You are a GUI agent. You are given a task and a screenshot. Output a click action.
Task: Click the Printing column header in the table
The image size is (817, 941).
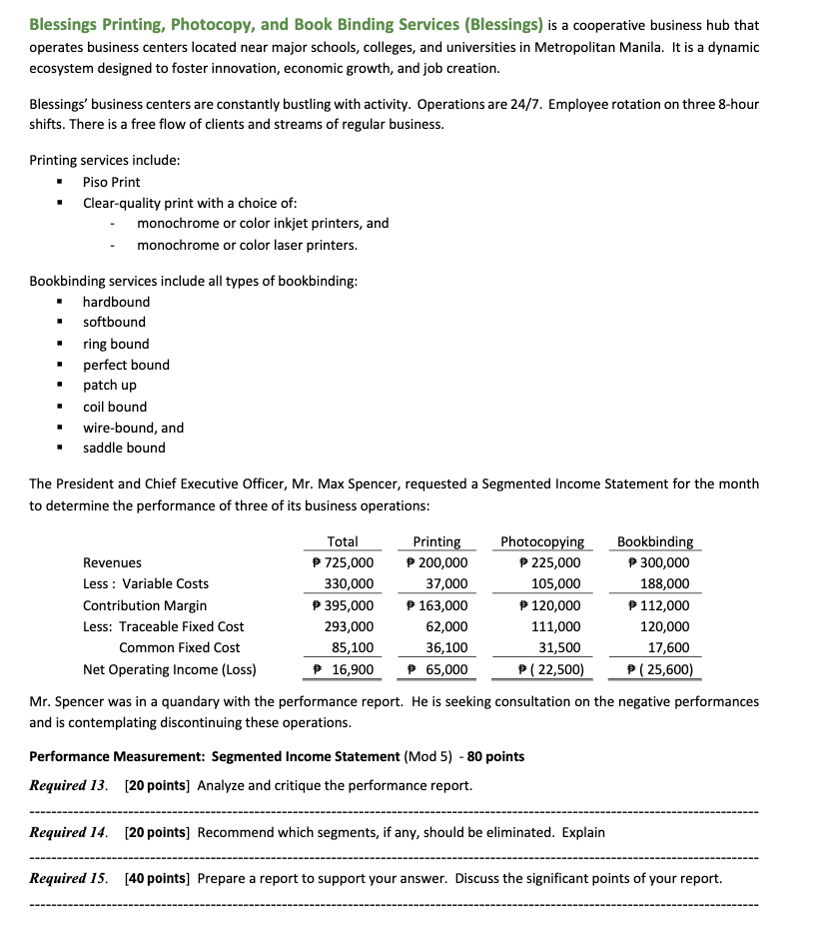click(x=436, y=541)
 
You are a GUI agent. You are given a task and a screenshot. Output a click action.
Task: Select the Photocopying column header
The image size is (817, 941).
click(x=542, y=541)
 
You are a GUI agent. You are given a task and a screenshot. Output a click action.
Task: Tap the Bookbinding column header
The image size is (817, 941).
click(x=654, y=541)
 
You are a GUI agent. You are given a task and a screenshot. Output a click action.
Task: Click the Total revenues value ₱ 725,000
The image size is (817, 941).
click(x=343, y=562)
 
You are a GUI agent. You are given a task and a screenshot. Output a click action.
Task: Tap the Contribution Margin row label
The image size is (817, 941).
click(x=145, y=605)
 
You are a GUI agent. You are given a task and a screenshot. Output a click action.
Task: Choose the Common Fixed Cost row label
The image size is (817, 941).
click(x=179, y=647)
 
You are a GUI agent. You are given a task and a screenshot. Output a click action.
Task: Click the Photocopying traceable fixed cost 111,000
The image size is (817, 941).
click(x=555, y=626)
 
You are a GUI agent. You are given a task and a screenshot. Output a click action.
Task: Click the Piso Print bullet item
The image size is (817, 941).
click(x=111, y=182)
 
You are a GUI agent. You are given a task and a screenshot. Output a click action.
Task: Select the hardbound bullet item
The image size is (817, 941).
click(x=116, y=302)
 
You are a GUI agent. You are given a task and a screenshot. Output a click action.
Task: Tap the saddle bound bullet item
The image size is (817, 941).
click(x=124, y=448)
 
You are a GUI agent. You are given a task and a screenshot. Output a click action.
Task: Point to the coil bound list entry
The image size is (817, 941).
click(x=114, y=407)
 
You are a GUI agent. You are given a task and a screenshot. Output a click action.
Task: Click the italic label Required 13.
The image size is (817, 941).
click(x=71, y=785)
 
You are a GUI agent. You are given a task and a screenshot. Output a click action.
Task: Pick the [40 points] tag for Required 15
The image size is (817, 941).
click(x=156, y=878)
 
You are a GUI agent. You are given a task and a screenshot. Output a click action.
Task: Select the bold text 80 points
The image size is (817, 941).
click(x=493, y=756)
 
